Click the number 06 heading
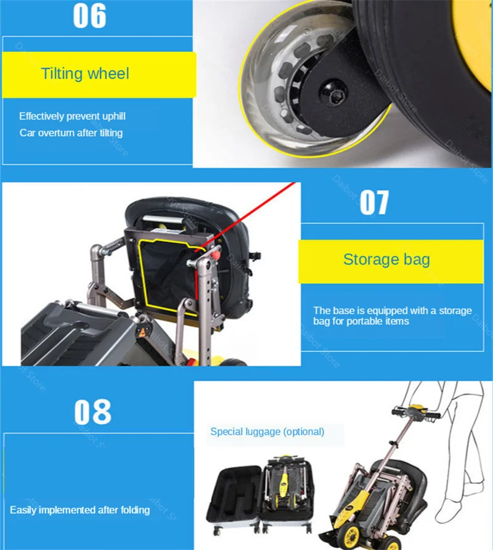[x=90, y=17]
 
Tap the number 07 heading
[x=374, y=203]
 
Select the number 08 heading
[x=93, y=411]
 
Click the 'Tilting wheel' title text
[x=85, y=74]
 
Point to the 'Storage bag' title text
[x=386, y=259]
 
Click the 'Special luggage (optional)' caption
[x=267, y=432]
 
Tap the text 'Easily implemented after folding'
[x=79, y=510]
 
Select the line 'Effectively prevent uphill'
[x=72, y=116]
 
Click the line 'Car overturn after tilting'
[x=71, y=133]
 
